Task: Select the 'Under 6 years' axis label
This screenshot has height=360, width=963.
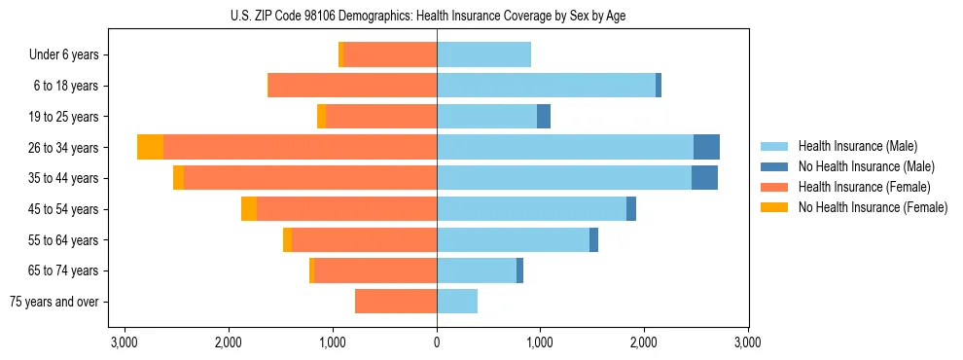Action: coord(64,54)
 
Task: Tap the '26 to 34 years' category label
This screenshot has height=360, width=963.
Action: coord(63,148)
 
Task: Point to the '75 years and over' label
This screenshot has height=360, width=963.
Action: coord(53,302)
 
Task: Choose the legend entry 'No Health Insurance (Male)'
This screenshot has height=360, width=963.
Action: coord(866,166)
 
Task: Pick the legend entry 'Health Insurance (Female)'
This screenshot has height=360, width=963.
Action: coord(864,187)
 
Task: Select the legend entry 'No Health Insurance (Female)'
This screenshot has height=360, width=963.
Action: coord(873,207)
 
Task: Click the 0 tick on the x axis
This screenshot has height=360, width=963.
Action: coord(437,342)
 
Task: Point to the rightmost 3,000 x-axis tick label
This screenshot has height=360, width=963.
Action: coord(747,342)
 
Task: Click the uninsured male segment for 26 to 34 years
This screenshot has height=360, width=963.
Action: coord(706,147)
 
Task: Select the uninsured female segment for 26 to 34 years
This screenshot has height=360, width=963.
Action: coord(150,147)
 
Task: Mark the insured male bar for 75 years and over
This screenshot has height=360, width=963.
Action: coord(457,302)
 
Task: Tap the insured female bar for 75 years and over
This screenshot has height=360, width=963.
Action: coord(396,302)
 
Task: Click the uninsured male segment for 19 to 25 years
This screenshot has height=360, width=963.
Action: coord(544,116)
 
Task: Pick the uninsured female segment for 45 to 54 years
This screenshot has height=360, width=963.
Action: coord(249,208)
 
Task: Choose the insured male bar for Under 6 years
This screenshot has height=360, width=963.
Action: coord(483,54)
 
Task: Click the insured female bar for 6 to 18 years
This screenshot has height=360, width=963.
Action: coord(353,86)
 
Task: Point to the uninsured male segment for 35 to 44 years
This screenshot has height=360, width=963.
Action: coord(704,178)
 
